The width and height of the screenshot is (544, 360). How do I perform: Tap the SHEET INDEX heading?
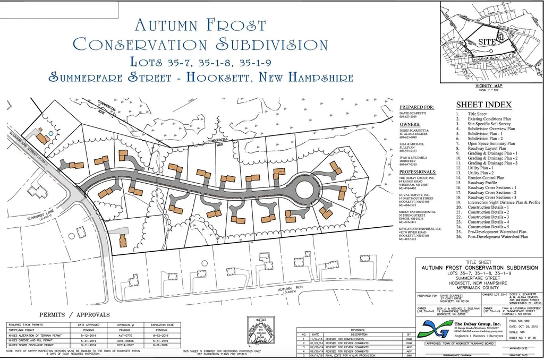click(483, 105)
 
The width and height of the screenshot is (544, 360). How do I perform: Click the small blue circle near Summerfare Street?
click(50, 133)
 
